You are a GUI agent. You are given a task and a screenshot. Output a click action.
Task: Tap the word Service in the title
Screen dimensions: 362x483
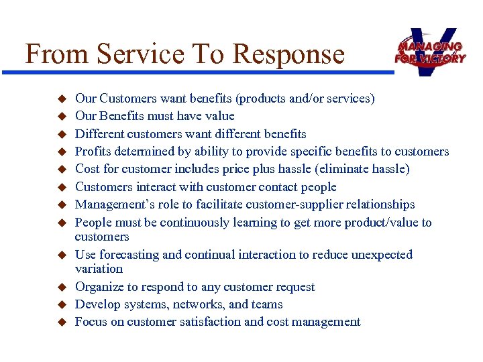(134, 54)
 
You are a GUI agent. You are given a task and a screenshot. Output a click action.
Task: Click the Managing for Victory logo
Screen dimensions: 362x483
(430, 51)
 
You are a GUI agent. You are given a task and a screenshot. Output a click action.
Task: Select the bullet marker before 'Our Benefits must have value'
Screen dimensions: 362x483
(59, 117)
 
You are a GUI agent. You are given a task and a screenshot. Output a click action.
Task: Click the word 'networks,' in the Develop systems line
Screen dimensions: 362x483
(196, 304)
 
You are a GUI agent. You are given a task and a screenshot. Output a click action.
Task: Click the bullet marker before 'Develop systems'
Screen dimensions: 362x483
(59, 305)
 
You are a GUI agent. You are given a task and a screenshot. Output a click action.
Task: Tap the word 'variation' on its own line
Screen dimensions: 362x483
(99, 269)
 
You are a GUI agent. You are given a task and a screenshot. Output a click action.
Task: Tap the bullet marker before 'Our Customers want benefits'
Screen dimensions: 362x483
(59, 99)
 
